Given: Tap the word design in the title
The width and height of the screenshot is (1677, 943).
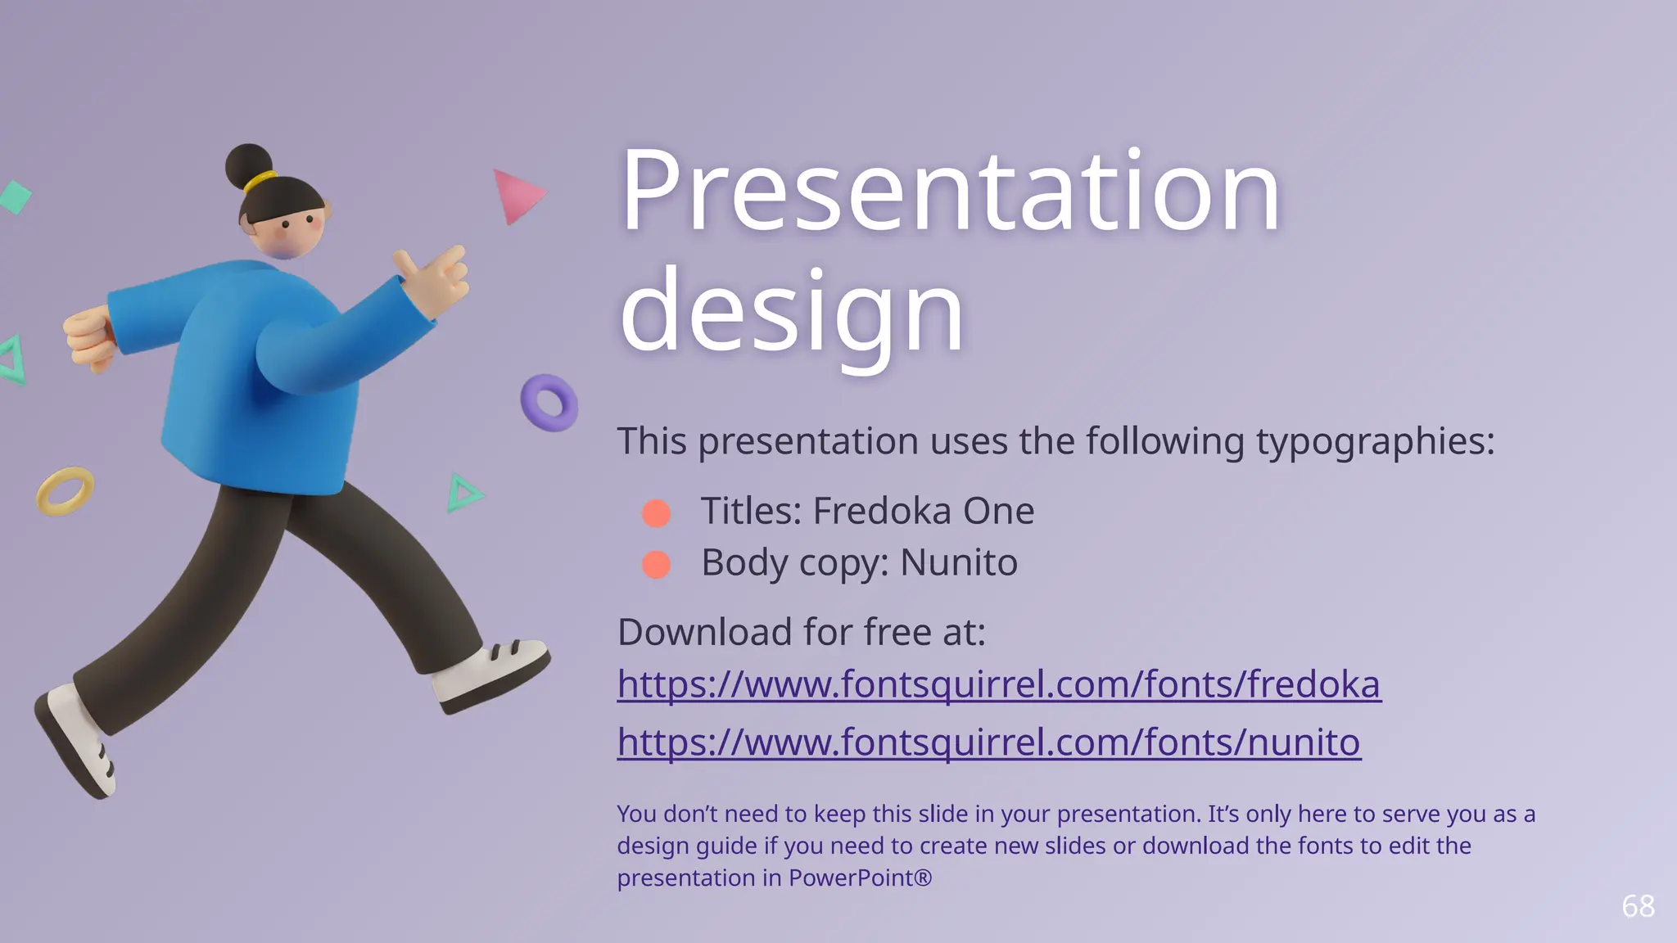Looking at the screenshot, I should tap(792, 313).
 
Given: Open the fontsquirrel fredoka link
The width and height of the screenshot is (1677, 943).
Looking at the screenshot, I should tap(999, 684).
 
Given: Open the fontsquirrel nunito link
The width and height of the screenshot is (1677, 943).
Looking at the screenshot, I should tap(988, 742).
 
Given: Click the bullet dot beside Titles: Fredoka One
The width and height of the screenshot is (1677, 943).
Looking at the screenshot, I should tap(656, 513).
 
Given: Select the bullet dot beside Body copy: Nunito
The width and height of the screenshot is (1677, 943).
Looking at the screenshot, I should tap(656, 565).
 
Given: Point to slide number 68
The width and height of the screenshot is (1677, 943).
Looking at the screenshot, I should tap(1638, 906).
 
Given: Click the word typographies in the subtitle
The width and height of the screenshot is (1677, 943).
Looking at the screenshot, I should tap(1376, 442).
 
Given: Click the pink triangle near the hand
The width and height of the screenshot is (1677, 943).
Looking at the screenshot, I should tap(516, 195).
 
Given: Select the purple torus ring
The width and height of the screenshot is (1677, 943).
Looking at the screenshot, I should tap(549, 403).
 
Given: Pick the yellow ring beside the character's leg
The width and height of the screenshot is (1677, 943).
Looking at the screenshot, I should tap(65, 491).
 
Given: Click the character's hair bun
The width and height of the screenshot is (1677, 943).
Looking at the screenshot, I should tap(248, 165).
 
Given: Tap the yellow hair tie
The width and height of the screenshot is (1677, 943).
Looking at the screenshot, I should tap(260, 182).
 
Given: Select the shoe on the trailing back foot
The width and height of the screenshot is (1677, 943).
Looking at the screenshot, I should tap(76, 741).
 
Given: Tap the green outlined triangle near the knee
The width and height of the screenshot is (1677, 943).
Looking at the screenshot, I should tap(463, 494).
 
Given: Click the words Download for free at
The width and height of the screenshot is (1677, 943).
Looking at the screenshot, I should tap(801, 633).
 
